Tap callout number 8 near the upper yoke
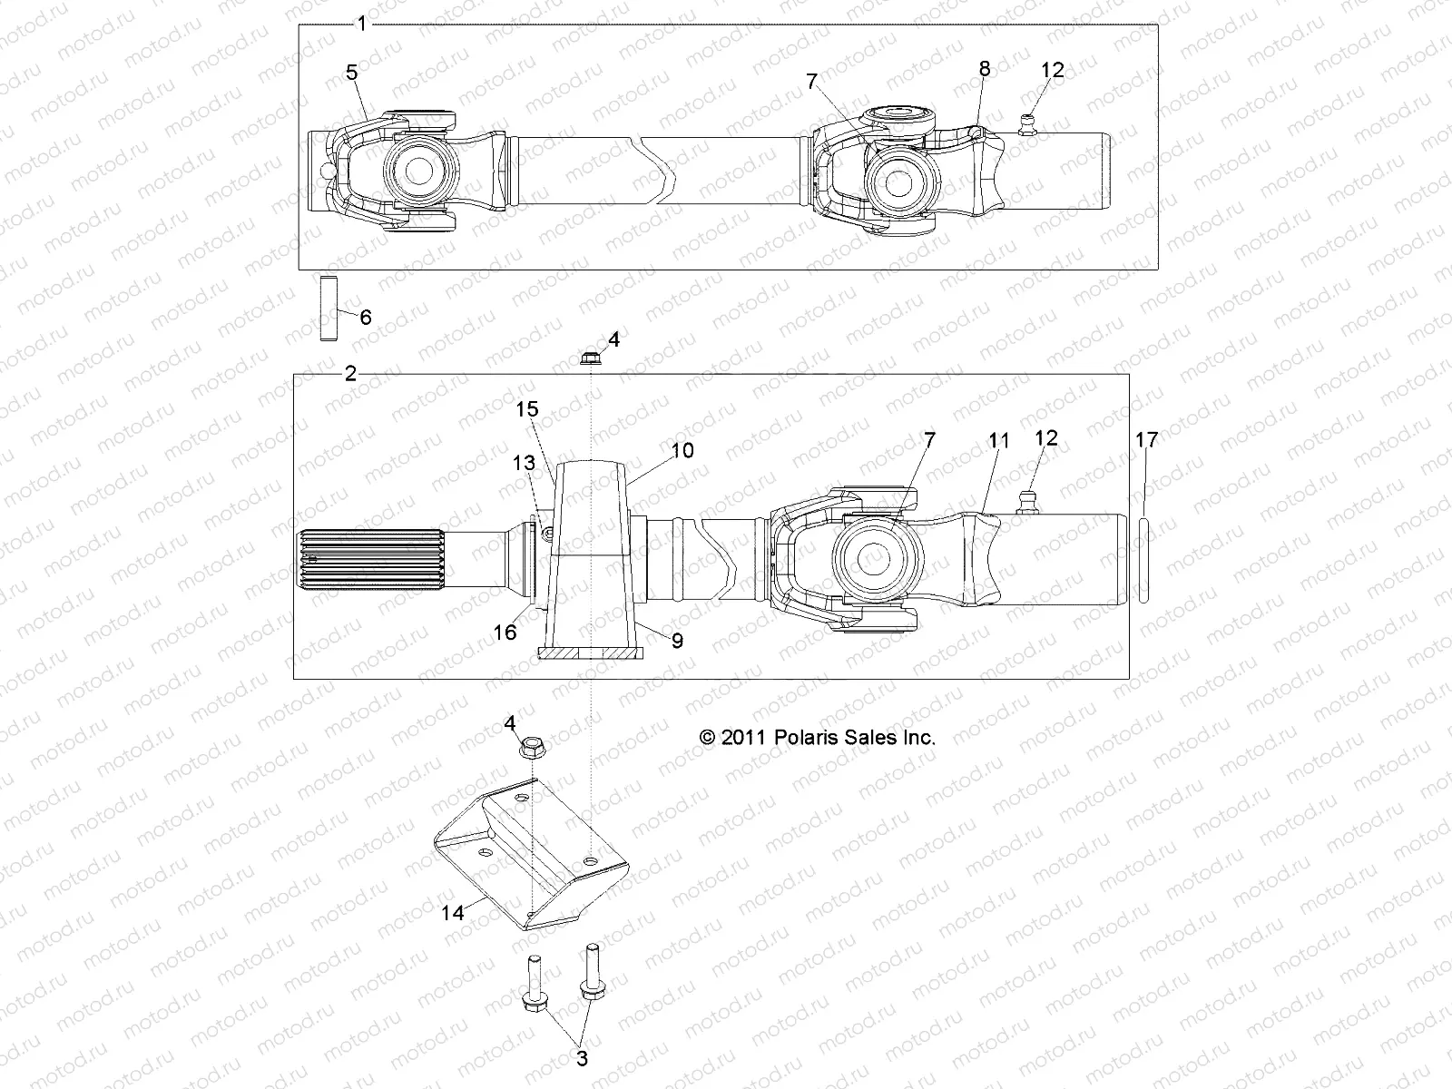pos(985,69)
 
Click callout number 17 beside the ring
pos(1146,440)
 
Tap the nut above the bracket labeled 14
pos(533,749)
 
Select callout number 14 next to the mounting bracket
pos(452,912)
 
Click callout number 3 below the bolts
pos(582,1058)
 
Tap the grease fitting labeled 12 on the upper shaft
pos(1027,123)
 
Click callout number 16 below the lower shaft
pos(505,632)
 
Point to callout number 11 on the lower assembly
pos(998,441)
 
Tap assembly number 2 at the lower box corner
pos(351,374)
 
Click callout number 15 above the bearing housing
pos(527,410)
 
